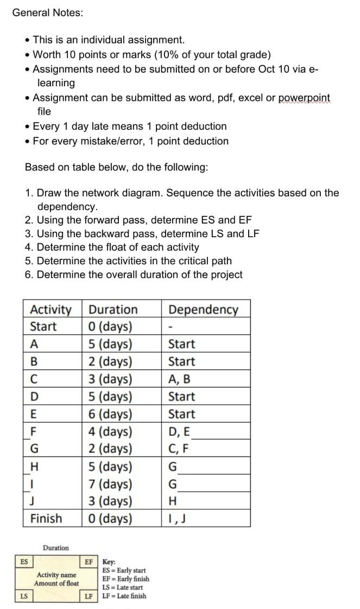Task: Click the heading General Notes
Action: (x=48, y=12)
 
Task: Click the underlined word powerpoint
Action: (x=304, y=98)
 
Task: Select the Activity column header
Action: (x=50, y=309)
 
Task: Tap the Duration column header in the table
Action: (x=113, y=309)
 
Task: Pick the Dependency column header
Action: (x=203, y=309)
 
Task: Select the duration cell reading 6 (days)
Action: (x=110, y=414)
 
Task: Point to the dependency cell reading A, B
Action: (x=179, y=379)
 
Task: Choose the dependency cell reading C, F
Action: (x=179, y=449)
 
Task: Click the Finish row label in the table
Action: (x=46, y=518)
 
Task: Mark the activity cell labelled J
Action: (x=33, y=501)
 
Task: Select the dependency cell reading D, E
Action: (x=180, y=432)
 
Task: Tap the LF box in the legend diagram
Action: (x=88, y=597)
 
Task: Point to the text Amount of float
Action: (x=56, y=583)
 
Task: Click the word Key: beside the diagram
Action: (x=109, y=562)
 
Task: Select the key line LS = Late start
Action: (x=123, y=587)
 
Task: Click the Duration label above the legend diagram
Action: (x=56, y=548)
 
